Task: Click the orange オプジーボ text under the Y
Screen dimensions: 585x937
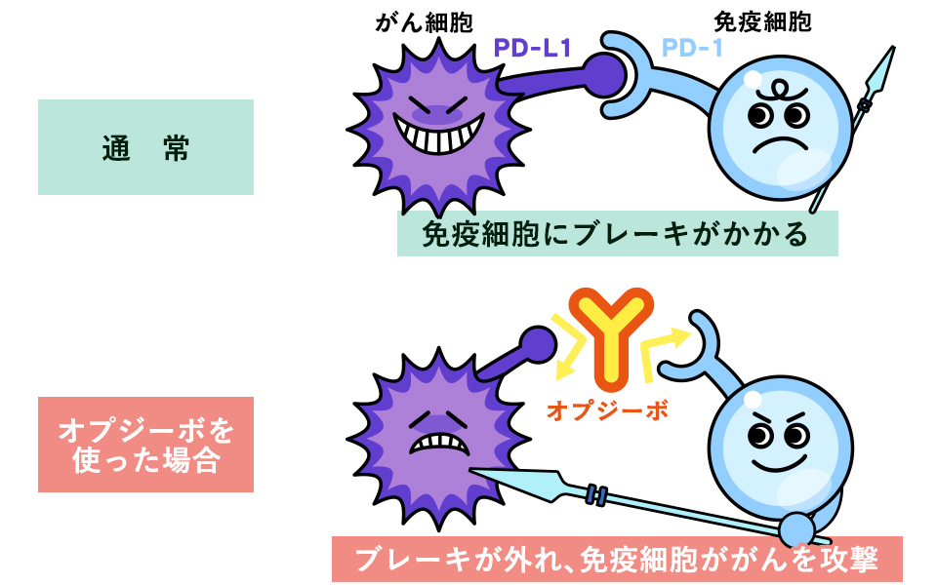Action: (x=607, y=410)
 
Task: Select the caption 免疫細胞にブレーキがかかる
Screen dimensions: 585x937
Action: (x=617, y=235)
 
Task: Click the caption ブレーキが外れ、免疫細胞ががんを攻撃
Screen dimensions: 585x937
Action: (x=617, y=560)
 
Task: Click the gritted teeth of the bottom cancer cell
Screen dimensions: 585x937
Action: (x=433, y=442)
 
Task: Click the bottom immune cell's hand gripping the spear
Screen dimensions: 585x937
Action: (x=799, y=528)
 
